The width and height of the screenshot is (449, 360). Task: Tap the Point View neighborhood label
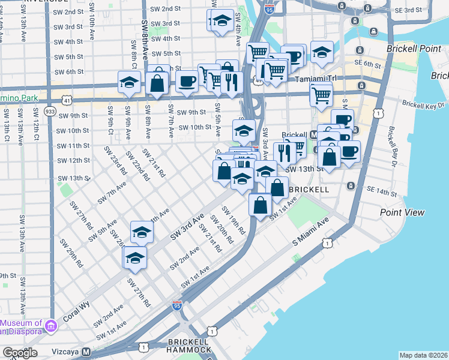coord(402,212)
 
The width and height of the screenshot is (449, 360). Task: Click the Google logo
coord(20,353)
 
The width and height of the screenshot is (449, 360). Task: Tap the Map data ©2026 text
coord(423,355)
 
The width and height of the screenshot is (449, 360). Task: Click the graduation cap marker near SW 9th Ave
coord(128,83)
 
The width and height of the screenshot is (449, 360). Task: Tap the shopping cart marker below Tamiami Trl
coord(322,94)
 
